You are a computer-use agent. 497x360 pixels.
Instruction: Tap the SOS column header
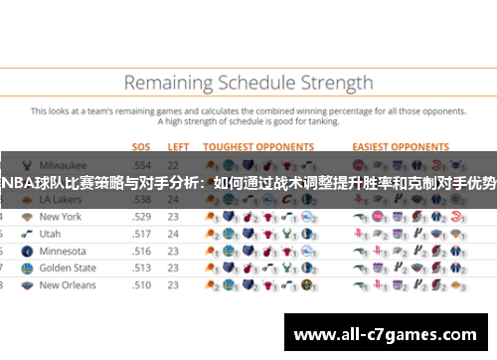[142, 146]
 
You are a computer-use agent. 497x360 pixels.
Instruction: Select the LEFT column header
[178, 146]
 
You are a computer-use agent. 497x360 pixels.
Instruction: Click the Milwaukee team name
[64, 164]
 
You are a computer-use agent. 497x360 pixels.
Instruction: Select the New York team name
[61, 216]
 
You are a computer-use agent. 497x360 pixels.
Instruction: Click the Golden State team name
[68, 268]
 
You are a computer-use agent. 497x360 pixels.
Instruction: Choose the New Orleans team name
[68, 284]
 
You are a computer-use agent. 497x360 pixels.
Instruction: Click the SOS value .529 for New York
[142, 216]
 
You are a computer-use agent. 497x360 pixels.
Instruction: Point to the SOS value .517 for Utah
[142, 234]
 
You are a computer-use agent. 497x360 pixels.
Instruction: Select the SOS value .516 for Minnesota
[142, 251]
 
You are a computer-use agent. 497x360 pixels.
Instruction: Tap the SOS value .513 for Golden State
[142, 268]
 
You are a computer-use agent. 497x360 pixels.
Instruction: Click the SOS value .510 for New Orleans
[142, 284]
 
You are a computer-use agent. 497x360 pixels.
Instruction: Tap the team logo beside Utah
[24, 234]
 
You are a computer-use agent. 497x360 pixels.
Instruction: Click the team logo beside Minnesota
[24, 251]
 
